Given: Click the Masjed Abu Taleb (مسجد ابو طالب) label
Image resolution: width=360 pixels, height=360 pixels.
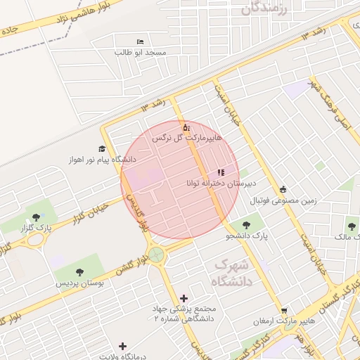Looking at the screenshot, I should tap(141, 53).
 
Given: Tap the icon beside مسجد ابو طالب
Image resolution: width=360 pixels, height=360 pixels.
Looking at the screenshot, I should tap(140, 42).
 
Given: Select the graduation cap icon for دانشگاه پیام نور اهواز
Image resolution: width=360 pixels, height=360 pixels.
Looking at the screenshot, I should tap(102, 149).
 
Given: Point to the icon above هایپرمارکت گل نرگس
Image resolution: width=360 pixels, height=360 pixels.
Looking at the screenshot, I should tap(186, 128).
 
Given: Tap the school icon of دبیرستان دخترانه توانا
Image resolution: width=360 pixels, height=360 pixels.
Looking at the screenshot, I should tap(221, 172).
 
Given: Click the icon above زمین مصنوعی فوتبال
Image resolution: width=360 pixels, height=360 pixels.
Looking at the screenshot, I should tap(283, 189).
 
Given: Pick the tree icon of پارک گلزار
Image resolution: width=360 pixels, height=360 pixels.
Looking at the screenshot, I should tap(36, 216).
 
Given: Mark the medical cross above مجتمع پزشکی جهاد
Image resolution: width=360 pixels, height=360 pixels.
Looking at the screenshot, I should tap(184, 299).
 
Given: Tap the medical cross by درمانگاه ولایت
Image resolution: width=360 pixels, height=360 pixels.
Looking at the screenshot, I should tap(123, 346).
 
